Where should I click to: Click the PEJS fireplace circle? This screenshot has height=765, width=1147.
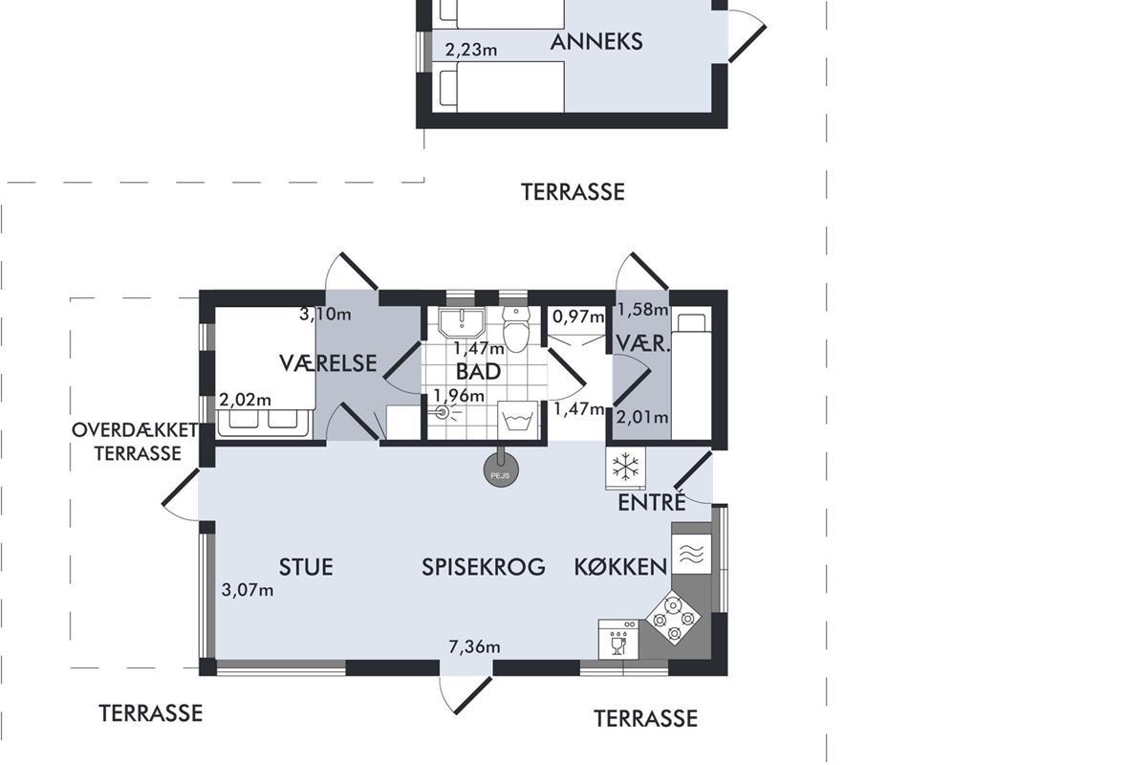point(501,470)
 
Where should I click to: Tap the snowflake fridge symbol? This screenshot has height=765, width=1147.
point(625,467)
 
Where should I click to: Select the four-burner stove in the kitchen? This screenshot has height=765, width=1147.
point(673,618)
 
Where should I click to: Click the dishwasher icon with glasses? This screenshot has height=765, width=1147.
point(618,640)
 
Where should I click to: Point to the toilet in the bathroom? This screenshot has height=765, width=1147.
point(515,328)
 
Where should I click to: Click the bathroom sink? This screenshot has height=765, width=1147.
point(462,323)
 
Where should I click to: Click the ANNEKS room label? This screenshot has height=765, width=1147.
point(596,42)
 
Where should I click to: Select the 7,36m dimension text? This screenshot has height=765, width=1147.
point(474,646)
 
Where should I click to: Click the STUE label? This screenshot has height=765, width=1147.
point(306,567)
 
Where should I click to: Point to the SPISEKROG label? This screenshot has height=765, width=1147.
point(483,567)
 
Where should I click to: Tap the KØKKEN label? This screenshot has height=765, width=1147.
point(620,567)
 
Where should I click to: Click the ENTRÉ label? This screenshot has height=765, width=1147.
point(651,502)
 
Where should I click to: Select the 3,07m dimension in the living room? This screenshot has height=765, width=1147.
point(248,590)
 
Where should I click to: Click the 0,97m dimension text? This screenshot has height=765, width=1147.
point(578,317)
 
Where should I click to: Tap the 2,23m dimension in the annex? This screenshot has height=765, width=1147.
point(471,50)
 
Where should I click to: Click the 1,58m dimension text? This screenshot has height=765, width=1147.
point(642,310)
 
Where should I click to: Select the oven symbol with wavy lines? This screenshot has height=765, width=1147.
point(691,554)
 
